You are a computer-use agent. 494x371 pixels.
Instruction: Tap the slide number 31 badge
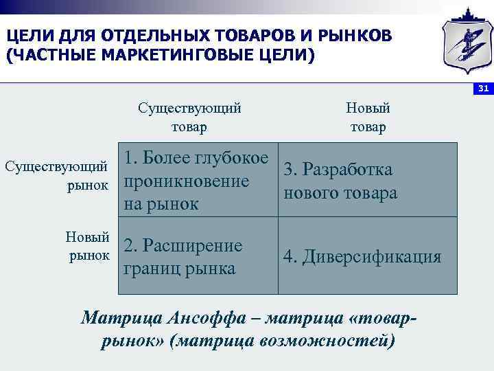tap(482, 89)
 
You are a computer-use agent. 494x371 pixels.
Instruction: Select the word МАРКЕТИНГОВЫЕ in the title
tap(161, 54)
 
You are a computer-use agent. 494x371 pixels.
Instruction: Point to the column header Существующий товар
tap(189, 117)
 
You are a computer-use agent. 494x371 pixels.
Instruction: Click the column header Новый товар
tap(368, 117)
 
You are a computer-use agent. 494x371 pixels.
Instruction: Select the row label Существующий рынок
tap(56, 175)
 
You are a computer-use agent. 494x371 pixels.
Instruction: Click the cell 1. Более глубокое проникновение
tap(196, 181)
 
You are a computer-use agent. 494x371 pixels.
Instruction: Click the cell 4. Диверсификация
tap(362, 257)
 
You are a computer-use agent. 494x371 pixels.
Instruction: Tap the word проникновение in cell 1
tap(186, 181)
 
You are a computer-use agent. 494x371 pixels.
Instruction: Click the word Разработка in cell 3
tap(348, 170)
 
